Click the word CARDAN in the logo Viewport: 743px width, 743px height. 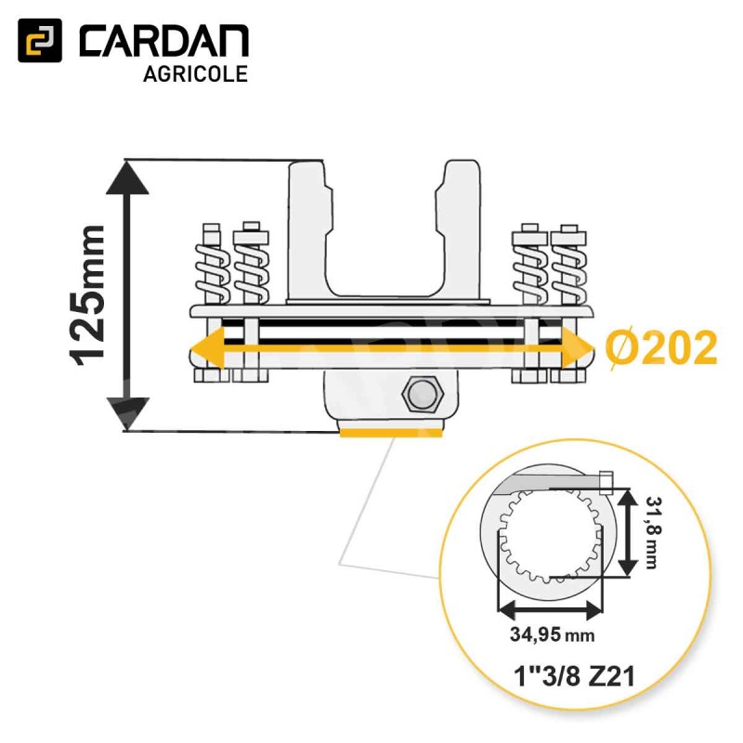point(164,42)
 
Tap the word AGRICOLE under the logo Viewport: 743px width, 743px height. point(195,74)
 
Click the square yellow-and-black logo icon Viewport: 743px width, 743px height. point(40,40)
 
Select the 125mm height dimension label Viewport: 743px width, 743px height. point(86,295)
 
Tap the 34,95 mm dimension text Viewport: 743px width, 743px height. point(552,633)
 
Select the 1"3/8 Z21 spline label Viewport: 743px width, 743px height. point(574,676)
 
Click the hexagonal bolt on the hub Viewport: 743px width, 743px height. point(423,394)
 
